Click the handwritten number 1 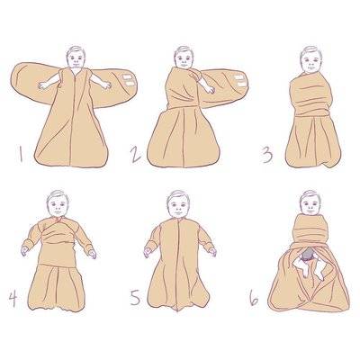(x=21, y=154)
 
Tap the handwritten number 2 (x=135, y=155)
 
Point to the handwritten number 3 (x=267, y=156)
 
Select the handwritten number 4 (x=13, y=299)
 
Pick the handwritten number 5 (x=135, y=298)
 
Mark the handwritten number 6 (x=254, y=297)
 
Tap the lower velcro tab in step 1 (x=130, y=84)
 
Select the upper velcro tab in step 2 (x=239, y=77)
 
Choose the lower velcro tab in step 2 (x=239, y=84)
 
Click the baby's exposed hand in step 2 (x=210, y=89)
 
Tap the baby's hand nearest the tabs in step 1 (x=106, y=85)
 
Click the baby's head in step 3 (x=311, y=60)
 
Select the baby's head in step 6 (x=310, y=202)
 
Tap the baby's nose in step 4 (x=58, y=208)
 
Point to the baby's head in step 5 (x=178, y=204)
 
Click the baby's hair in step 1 (x=76, y=50)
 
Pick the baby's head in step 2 (x=184, y=58)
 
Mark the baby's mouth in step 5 (x=178, y=213)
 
